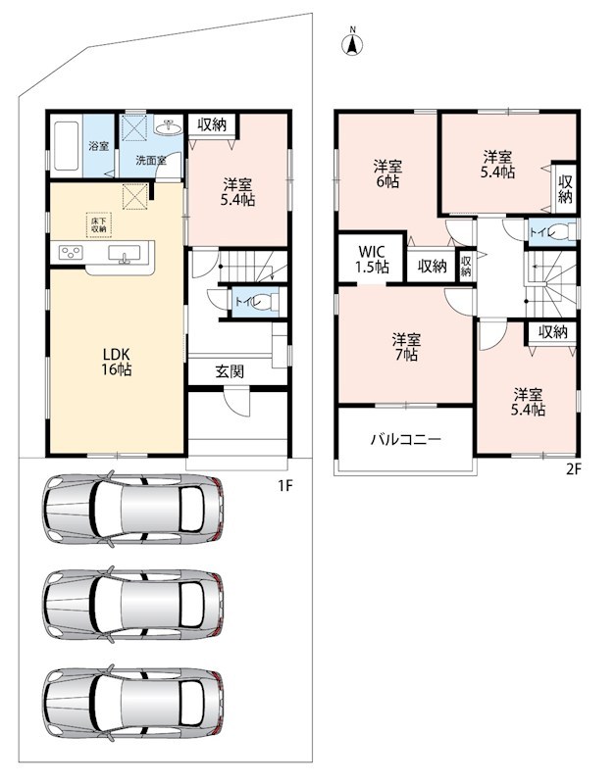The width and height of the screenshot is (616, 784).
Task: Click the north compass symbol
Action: point(352,44)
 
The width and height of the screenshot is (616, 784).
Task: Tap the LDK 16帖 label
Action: point(117,362)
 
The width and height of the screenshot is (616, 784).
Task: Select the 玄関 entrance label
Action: point(230,371)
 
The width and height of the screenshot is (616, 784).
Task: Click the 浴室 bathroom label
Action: point(99,146)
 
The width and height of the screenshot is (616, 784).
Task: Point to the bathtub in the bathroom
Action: point(66,146)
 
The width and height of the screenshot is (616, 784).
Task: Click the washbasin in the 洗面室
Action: point(169,126)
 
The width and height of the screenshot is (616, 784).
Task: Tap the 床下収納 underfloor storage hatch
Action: point(99,225)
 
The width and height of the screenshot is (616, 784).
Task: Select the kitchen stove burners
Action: point(71,253)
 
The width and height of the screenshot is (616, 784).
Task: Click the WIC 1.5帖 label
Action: point(372,259)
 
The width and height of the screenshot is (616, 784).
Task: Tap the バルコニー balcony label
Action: point(406,439)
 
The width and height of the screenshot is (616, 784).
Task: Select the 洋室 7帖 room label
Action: point(406,347)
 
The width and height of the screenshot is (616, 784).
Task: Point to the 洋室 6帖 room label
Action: point(387,173)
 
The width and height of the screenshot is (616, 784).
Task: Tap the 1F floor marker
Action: point(284,485)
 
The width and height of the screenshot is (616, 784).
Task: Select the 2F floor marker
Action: point(574,469)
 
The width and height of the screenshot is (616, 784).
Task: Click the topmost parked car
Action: point(133,508)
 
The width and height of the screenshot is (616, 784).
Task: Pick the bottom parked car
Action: point(133,703)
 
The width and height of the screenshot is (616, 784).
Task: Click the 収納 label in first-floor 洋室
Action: point(212,124)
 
